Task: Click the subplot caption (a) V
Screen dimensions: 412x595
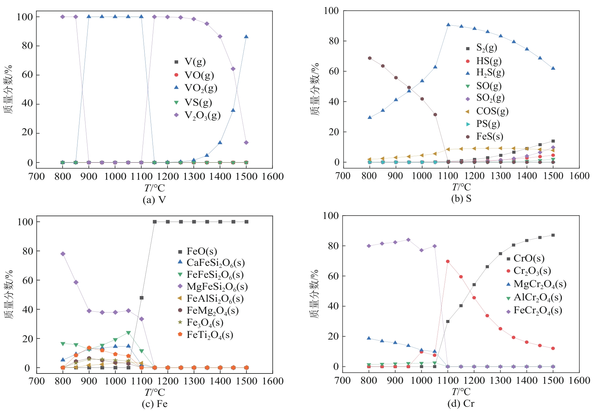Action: (x=154, y=200)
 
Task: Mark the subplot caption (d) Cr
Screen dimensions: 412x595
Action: (x=461, y=404)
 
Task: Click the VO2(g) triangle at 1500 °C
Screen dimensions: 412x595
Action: (x=246, y=37)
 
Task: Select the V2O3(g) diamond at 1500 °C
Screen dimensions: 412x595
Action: (x=246, y=143)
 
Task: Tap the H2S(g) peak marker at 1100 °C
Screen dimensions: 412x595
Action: (x=448, y=25)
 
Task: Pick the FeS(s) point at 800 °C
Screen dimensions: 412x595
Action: (x=370, y=58)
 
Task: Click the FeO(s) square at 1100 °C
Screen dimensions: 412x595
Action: (x=142, y=298)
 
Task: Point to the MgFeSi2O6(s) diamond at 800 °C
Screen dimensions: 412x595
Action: (x=63, y=254)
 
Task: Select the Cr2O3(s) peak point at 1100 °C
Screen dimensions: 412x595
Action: (x=448, y=261)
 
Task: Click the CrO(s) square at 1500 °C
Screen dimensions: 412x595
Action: (x=553, y=235)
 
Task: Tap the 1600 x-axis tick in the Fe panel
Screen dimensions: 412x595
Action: (x=273, y=381)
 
